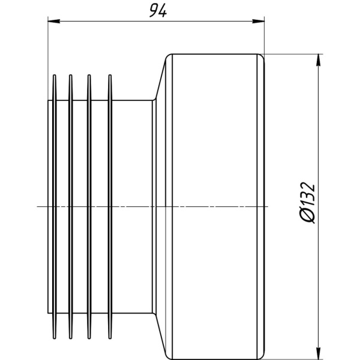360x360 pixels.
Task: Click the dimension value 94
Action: [158, 11]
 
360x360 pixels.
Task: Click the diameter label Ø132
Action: [307, 203]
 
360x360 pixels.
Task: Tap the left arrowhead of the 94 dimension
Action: [54, 21]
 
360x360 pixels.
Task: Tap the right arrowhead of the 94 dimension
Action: [258, 21]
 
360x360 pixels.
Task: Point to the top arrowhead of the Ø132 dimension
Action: [318, 61]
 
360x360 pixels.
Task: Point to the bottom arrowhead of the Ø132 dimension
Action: [318, 353]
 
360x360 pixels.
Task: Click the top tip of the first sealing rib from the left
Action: [55, 76]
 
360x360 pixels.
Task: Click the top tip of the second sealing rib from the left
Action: [71, 76]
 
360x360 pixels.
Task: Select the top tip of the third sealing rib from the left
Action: [89, 76]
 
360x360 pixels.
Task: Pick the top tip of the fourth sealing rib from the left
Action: [110, 76]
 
